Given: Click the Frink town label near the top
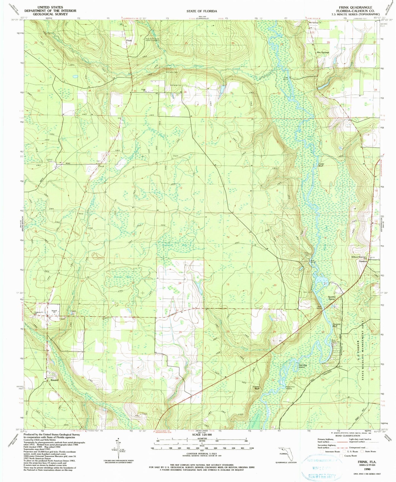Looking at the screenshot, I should click(129, 41).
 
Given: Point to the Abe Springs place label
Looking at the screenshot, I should click(323, 52).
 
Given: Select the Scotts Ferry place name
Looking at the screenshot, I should click(334, 298).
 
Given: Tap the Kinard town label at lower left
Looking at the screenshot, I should click(54, 380).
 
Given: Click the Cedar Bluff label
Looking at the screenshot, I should click(321, 165).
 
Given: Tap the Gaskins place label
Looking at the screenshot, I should click(363, 261).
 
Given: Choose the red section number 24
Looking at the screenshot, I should click(180, 283).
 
